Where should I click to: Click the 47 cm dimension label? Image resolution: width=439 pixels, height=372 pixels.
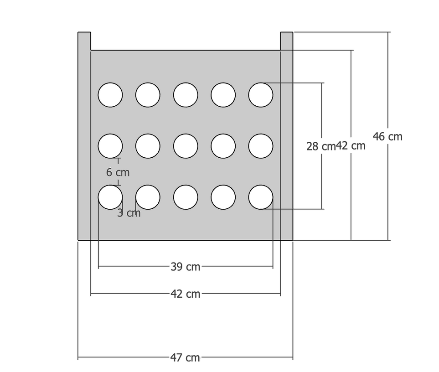click(x=185, y=358)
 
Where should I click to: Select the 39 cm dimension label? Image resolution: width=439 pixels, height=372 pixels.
click(x=185, y=267)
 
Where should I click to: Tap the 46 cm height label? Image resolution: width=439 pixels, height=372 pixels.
click(x=387, y=136)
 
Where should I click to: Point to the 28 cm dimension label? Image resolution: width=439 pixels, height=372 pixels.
click(x=320, y=146)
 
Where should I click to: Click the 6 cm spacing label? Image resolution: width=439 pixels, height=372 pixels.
click(x=118, y=172)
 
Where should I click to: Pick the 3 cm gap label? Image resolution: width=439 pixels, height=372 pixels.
click(x=129, y=213)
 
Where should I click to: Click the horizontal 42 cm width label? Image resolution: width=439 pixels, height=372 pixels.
click(x=185, y=294)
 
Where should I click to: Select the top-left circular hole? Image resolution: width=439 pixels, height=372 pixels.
click(x=110, y=95)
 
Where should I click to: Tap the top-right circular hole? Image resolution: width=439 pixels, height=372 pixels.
click(x=261, y=95)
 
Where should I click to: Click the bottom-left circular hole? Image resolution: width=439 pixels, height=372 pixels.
click(x=110, y=197)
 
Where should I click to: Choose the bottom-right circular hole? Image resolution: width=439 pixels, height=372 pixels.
click(x=261, y=197)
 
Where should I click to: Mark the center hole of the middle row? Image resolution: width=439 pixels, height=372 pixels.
click(x=186, y=146)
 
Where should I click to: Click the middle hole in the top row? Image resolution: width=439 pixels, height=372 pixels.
click(x=186, y=95)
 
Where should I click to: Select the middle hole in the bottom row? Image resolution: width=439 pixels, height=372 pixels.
click(x=186, y=197)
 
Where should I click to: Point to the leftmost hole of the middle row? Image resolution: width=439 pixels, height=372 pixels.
click(x=110, y=146)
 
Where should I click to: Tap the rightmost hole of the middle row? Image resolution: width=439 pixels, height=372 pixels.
click(x=261, y=146)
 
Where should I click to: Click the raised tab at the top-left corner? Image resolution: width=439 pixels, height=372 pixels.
click(x=84, y=41)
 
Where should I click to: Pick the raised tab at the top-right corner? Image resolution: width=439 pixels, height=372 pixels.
click(x=286, y=41)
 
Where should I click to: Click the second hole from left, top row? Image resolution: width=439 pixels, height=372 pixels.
click(x=148, y=95)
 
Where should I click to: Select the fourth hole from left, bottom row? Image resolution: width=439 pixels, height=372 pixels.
click(x=223, y=197)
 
